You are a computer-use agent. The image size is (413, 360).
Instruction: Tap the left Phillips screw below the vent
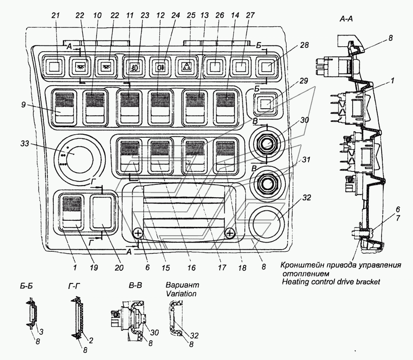(138, 233)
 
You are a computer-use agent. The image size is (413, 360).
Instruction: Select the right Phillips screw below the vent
(230, 233)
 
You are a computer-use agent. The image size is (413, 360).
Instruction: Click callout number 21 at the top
(56, 16)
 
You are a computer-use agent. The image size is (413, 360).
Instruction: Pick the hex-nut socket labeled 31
(267, 183)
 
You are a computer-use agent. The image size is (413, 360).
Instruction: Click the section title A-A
(346, 19)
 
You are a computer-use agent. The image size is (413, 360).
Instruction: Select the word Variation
(181, 293)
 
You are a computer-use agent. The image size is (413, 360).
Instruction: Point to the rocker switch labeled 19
(72, 212)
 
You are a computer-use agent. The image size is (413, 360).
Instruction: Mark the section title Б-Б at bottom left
(26, 286)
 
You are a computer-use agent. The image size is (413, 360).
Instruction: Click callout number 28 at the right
(304, 45)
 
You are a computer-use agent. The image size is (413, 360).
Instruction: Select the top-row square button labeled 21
(54, 67)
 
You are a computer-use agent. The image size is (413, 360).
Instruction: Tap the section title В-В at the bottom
(135, 286)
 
